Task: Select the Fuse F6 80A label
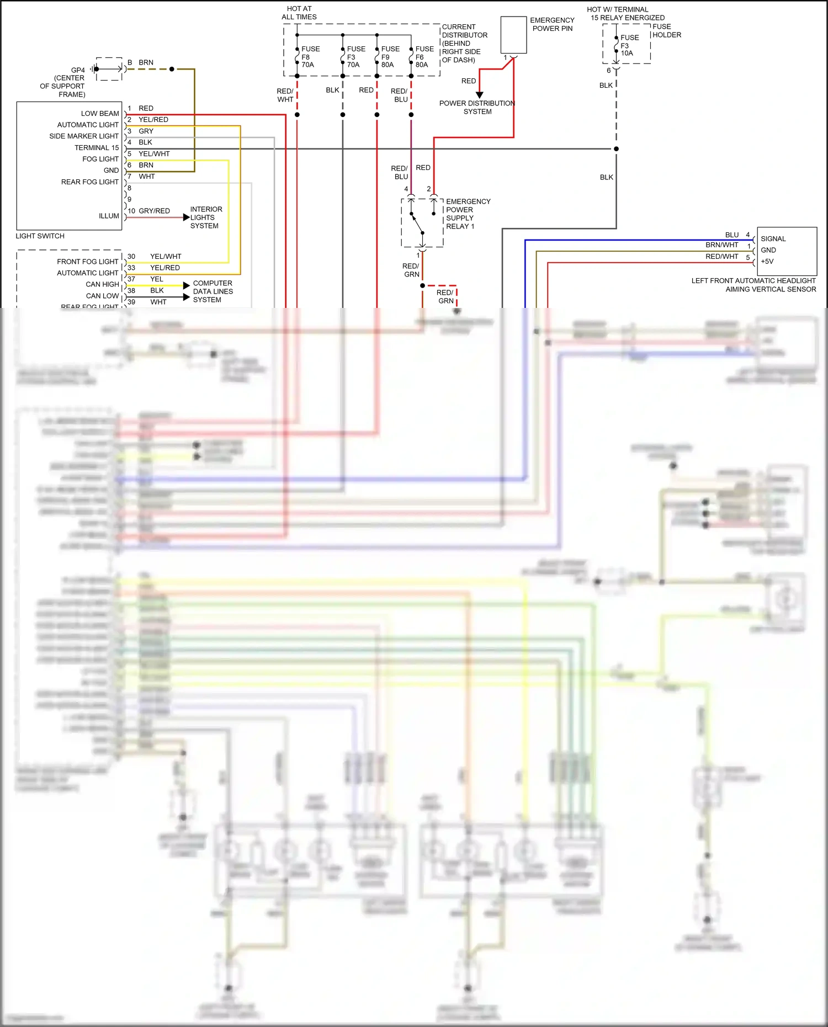click(423, 57)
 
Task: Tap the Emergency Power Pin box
click(513, 35)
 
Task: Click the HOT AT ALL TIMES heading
click(299, 13)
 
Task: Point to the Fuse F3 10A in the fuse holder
click(629, 46)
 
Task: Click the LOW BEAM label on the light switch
click(100, 114)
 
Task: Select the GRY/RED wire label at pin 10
click(154, 211)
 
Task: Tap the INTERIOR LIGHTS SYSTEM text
click(206, 217)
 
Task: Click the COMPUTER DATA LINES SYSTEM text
click(213, 291)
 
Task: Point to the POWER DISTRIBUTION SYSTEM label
click(477, 107)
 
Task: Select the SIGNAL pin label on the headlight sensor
click(773, 239)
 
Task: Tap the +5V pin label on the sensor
click(767, 262)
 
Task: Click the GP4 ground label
click(78, 70)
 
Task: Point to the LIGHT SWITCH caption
click(40, 236)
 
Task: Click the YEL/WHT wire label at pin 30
click(166, 257)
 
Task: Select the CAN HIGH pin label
click(102, 284)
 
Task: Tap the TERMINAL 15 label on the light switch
click(97, 148)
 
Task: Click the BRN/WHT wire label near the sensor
click(721, 245)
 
